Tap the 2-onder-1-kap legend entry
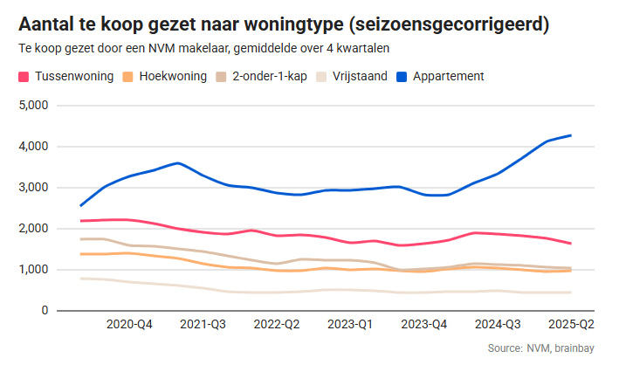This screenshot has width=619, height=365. (265, 76)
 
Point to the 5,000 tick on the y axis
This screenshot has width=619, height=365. (32, 106)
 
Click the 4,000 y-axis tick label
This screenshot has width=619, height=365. (32, 147)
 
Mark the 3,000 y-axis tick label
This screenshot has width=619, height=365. (32, 188)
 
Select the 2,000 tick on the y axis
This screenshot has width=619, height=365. (32, 229)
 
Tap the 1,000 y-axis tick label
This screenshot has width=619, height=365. (32, 270)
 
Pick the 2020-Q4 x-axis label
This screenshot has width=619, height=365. (129, 324)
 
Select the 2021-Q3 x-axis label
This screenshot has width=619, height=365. (203, 324)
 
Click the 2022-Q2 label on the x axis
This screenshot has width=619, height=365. (276, 324)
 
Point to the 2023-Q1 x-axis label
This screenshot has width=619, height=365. (349, 324)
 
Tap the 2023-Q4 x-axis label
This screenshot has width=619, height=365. (423, 324)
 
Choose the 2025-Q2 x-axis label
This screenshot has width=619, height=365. (570, 324)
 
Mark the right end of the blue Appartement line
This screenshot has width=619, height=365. (595, 135)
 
